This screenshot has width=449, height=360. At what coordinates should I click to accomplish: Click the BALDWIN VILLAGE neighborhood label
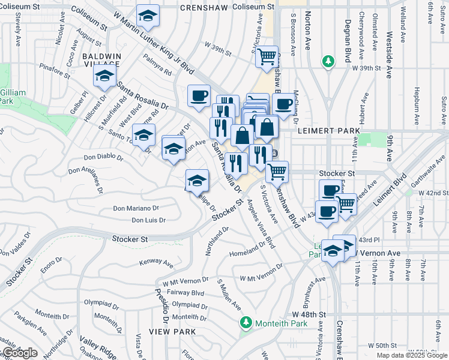pos(103,59)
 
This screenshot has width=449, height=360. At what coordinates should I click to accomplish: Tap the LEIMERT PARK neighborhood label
pos(331,130)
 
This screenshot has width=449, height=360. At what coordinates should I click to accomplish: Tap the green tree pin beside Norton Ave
pos(328,61)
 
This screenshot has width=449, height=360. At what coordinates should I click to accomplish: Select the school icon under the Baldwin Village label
pos(104,77)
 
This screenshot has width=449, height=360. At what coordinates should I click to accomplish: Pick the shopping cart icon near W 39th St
pos(267,58)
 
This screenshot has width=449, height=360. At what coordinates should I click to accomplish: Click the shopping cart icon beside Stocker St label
pos(277,172)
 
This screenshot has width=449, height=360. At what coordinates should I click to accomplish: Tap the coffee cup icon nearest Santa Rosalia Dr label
pos(199,95)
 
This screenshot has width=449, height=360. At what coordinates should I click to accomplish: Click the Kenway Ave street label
pos(156,263)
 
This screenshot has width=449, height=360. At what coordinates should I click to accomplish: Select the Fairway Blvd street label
pos(189,293)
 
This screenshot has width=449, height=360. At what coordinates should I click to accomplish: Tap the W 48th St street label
pos(309,314)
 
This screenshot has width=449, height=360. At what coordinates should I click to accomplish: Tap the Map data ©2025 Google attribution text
pos(412,355)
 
